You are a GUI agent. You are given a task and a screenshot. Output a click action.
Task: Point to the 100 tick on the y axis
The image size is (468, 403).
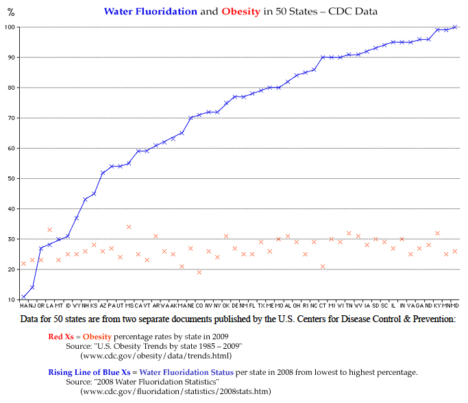(x=10, y=27)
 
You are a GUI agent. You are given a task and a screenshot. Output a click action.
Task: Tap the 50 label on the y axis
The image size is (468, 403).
(x=11, y=178)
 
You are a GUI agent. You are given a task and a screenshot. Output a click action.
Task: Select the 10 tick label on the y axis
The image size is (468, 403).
(x=11, y=300)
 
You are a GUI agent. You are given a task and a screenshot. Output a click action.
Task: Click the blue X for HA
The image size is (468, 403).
(x=23, y=297)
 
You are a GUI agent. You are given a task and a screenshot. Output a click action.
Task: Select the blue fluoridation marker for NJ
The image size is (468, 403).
(x=32, y=287)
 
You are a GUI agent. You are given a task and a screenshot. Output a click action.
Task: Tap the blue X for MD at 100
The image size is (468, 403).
(x=455, y=27)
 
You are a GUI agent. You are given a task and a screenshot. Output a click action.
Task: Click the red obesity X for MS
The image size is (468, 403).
(x=129, y=227)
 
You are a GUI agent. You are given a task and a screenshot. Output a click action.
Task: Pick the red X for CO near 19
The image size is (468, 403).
(x=199, y=272)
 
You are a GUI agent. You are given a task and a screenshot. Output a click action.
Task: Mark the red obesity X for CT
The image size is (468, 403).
(x=323, y=267)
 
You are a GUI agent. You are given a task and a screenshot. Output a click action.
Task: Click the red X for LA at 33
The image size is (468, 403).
(x=50, y=230)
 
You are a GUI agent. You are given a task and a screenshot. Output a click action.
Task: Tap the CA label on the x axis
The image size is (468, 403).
(x=138, y=306)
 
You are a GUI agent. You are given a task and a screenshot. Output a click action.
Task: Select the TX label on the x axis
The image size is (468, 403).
(x=261, y=306)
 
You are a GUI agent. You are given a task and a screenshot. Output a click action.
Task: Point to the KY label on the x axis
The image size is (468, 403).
(x=437, y=306)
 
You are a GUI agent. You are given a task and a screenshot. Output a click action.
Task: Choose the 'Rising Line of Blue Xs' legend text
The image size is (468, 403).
(x=93, y=371)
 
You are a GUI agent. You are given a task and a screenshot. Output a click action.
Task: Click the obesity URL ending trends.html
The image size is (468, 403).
(x=156, y=356)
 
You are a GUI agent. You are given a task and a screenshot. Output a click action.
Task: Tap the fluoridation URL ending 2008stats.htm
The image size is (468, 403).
(x=175, y=391)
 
